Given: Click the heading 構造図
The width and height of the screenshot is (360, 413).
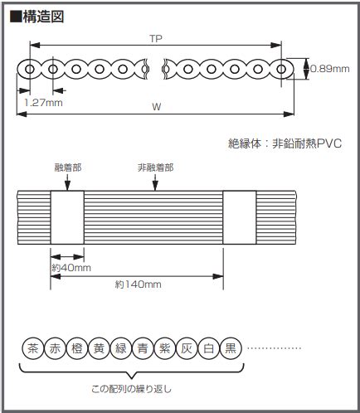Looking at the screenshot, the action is pos(43,17).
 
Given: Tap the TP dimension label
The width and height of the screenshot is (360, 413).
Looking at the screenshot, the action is pos(156,39).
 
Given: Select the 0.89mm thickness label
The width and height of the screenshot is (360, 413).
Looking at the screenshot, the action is pos(330,69).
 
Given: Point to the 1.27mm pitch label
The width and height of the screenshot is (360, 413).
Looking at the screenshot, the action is pos(43,103).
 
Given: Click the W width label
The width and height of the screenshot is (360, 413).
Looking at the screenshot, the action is pos(157,107).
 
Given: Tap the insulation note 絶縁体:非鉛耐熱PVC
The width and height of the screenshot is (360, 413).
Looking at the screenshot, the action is pos(285,143).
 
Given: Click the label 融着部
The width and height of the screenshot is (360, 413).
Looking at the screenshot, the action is pos(68,168).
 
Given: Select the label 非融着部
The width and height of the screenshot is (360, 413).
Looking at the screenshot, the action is pos(156,168).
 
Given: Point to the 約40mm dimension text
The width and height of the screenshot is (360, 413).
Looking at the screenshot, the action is pos(71,268).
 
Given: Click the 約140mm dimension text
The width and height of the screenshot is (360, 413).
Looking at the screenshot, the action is pos(139,284).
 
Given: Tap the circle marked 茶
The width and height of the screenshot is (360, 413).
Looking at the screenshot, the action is pos(33,348).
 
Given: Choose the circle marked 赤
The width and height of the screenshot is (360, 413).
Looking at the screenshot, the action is pos(55,348).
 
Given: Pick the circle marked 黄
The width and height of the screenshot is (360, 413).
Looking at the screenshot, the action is pos(99,348).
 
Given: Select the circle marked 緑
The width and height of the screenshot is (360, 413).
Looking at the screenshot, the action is pos(121,348).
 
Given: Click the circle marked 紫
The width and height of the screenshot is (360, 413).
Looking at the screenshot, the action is pos(165,348).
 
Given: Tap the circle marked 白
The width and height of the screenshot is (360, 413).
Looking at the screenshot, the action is pos(209,348).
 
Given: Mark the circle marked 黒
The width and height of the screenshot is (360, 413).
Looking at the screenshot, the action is pos(231,348).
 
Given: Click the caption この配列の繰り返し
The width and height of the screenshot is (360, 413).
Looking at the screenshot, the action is pos(131,389).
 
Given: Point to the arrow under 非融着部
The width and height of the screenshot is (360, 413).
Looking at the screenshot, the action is pos(155,182).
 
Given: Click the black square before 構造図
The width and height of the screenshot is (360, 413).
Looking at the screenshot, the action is pos(16,17).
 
